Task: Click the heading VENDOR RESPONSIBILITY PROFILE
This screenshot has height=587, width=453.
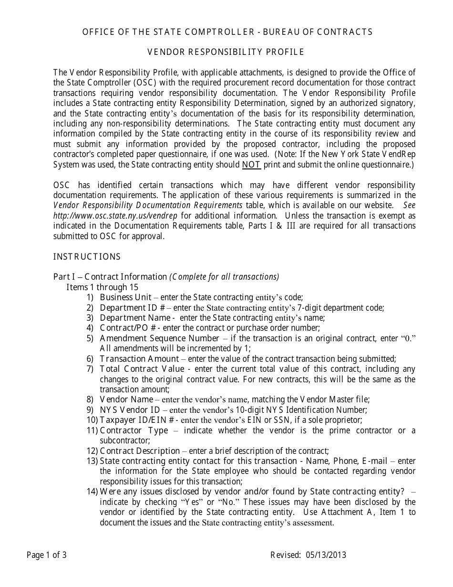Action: click(226, 52)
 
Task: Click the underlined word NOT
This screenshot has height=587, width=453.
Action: click(251, 165)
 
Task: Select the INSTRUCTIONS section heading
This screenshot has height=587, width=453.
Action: click(87, 257)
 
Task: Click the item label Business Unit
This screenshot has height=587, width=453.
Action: click(126, 297)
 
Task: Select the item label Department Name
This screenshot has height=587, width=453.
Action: click(135, 318)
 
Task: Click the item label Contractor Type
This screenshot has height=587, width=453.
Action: click(134, 430)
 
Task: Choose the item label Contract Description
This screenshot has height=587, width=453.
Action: click(140, 451)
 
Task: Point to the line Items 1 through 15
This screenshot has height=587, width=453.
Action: click(102, 287)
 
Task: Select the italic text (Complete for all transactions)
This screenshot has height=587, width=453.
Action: click(224, 277)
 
